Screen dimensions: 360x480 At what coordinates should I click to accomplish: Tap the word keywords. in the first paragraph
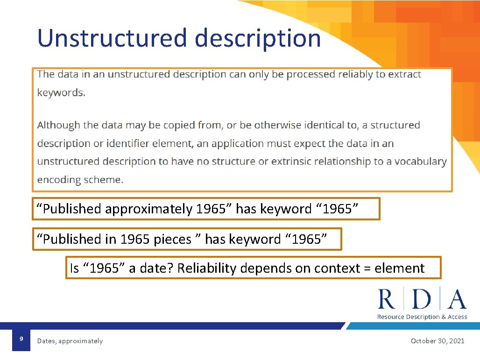tap(61, 92)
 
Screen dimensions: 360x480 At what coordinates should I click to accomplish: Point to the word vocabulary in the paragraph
tap(420, 162)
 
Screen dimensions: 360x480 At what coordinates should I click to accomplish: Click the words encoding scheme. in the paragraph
tap(80, 180)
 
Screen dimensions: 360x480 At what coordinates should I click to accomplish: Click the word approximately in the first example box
tap(148, 209)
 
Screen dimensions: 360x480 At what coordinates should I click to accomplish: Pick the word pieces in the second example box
tap(172, 240)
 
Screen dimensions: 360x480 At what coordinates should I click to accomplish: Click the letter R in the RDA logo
tap(387, 299)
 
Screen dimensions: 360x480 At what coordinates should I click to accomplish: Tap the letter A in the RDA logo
tap(457, 299)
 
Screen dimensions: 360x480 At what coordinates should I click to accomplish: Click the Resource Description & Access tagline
tap(422, 317)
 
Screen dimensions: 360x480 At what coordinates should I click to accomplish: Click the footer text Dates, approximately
tap(70, 341)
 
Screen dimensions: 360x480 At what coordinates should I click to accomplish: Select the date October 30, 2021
tap(438, 341)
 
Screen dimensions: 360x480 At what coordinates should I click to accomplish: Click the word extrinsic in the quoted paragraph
tap(291, 162)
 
